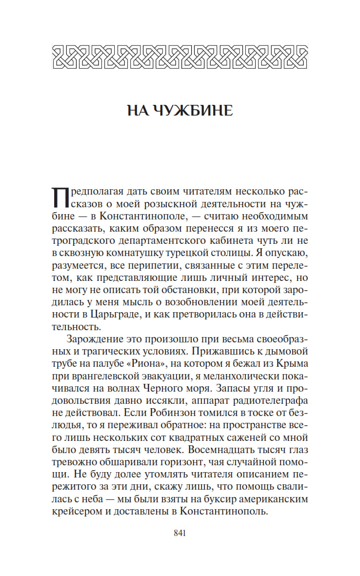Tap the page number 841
tap(180, 533)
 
